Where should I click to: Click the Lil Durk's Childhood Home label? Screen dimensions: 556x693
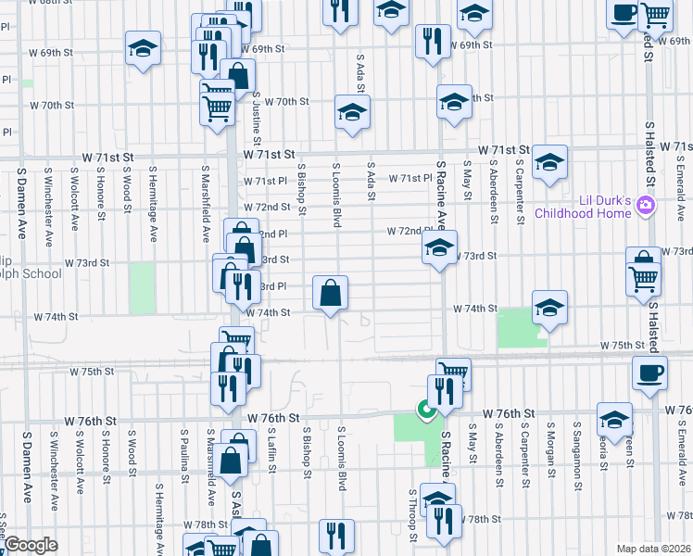(579, 207)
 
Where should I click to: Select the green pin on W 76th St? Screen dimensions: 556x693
(426, 408)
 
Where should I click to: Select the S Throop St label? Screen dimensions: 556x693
(410, 515)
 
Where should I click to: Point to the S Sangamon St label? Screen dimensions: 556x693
(576, 454)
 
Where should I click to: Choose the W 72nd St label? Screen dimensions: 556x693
(267, 207)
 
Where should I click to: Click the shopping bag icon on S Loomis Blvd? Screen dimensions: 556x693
(331, 293)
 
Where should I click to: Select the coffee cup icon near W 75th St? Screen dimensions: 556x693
(649, 373)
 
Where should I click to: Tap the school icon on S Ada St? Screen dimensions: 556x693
(352, 113)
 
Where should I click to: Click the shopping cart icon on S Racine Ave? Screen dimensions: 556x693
(454, 373)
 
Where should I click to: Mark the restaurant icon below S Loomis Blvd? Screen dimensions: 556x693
(336, 535)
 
